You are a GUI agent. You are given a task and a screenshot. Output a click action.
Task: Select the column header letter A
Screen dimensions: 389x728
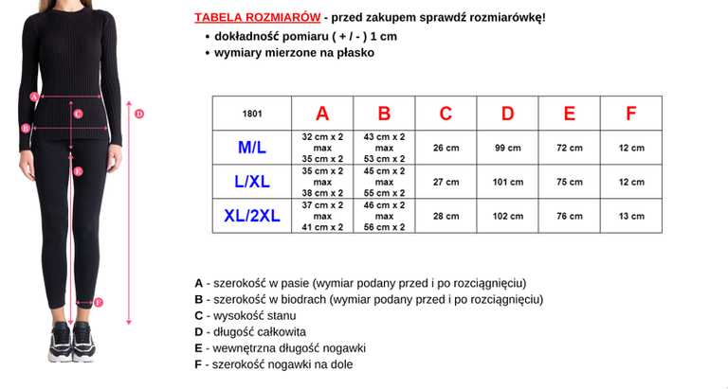click(x=322, y=114)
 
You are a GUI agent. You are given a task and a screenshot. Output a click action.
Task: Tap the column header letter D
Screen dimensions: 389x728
click(x=508, y=114)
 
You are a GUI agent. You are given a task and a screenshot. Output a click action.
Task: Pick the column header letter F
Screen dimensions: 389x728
click(x=631, y=114)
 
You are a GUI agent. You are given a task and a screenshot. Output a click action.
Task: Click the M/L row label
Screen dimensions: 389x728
click(x=252, y=148)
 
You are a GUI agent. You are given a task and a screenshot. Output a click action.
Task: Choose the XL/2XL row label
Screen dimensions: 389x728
click(x=252, y=216)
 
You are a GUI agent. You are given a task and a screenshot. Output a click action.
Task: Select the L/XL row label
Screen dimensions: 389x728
click(x=252, y=182)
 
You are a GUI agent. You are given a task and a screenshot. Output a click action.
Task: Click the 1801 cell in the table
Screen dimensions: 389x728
click(x=252, y=114)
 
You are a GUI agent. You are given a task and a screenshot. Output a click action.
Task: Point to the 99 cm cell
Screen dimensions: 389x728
click(x=508, y=148)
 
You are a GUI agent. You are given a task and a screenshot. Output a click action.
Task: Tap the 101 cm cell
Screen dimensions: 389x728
click(x=508, y=182)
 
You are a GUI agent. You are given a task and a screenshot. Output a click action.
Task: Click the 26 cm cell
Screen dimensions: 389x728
click(x=446, y=148)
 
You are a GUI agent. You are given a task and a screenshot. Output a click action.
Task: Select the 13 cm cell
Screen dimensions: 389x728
click(x=631, y=216)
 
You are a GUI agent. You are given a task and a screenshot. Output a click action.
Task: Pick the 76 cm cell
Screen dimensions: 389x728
click(x=570, y=216)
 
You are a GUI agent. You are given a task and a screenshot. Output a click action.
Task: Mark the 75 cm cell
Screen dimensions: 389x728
click(x=570, y=182)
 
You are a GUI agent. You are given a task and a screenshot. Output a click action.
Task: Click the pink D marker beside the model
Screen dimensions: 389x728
click(x=138, y=114)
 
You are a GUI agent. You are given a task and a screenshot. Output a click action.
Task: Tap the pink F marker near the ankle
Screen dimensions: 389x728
click(x=99, y=303)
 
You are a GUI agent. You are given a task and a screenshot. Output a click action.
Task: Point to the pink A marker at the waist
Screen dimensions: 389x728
click(x=34, y=96)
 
